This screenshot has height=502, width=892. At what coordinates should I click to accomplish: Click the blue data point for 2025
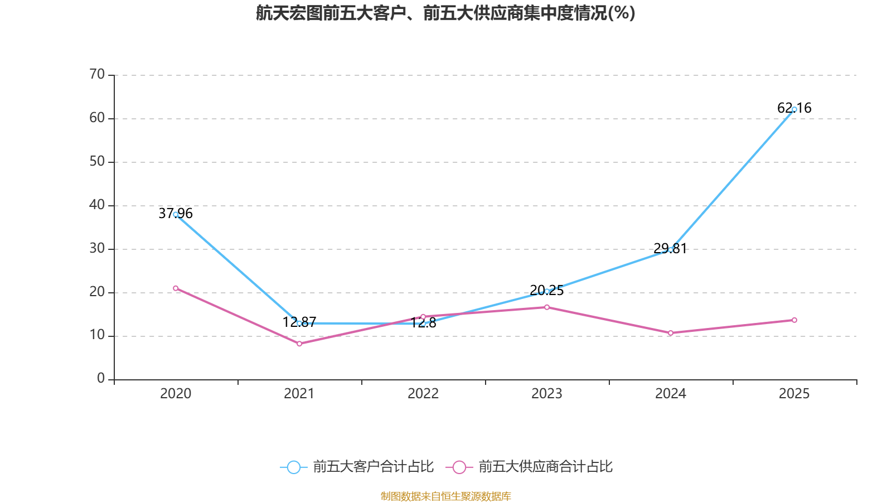coord(794,109)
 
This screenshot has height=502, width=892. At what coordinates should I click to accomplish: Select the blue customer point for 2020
coord(176,214)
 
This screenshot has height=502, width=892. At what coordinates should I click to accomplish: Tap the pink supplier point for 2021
coord(299,344)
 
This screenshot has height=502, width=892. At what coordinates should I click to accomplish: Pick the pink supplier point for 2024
coord(671,333)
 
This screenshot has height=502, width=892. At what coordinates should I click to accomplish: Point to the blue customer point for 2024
coord(671,249)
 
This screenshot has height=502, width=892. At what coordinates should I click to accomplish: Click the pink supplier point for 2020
coord(176,288)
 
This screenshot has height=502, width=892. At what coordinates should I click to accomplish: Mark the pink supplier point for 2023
coord(547,307)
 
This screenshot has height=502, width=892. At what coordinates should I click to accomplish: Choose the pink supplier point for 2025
coord(794,320)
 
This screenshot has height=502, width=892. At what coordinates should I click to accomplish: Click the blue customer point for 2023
coord(547,291)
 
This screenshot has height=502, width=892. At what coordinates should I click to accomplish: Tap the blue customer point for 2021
coord(299,323)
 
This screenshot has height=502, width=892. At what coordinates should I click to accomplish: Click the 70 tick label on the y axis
coord(97,74)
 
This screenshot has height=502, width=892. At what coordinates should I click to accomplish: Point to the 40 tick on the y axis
coord(97,205)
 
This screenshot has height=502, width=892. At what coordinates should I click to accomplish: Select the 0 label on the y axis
coord(101,378)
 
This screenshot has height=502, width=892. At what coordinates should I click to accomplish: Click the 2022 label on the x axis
coord(423,394)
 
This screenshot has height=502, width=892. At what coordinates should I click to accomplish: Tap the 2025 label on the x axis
coord(794,394)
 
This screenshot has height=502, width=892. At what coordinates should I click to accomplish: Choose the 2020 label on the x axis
coord(176,394)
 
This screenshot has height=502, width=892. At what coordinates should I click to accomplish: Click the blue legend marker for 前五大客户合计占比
coord(294,467)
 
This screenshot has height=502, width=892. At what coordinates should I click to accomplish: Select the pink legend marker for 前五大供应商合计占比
coord(459,467)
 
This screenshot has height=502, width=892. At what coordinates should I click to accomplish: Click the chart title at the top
coord(445,13)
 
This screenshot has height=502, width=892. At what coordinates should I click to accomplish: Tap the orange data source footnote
coord(445,496)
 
